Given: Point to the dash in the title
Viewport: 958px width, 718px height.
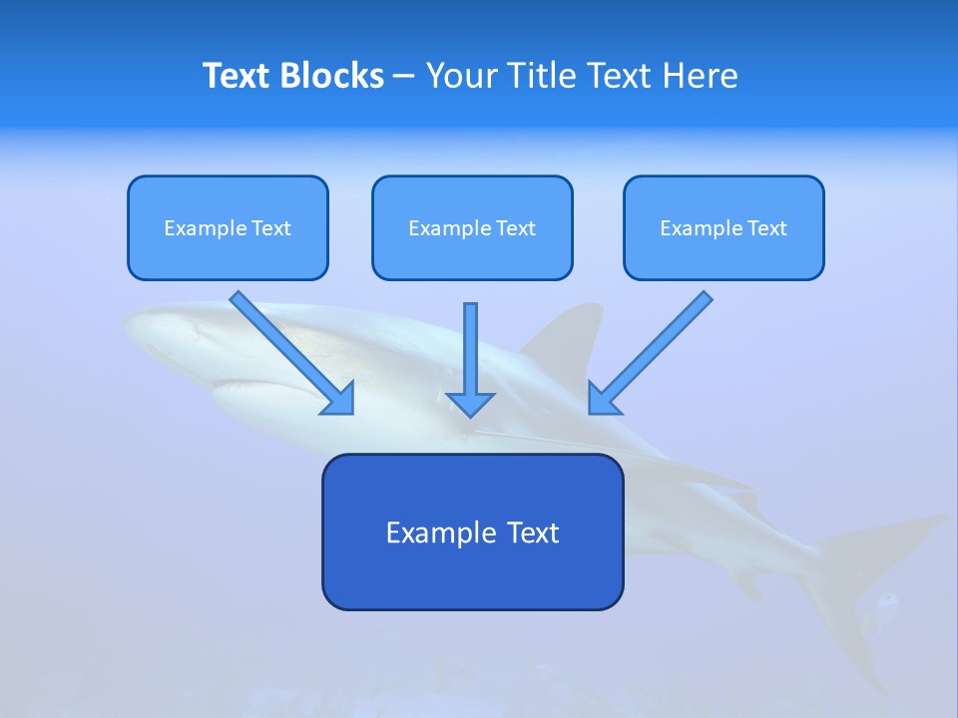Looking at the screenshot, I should coord(404,76).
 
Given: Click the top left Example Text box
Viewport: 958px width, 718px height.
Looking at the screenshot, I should coord(228,227).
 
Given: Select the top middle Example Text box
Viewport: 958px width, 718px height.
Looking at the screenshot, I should coord(472,227).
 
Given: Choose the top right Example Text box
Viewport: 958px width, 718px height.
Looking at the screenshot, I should coord(723,227).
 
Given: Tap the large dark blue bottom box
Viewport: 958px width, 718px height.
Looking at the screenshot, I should coord(472,532).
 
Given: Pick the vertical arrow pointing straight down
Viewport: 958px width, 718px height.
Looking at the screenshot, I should coord(470,354).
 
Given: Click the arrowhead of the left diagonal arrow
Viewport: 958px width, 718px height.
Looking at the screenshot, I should coord(340,400).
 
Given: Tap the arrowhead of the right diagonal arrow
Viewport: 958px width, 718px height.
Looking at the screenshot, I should coord(602,399).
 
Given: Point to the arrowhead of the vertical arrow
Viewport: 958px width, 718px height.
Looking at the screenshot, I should coord(470,403).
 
